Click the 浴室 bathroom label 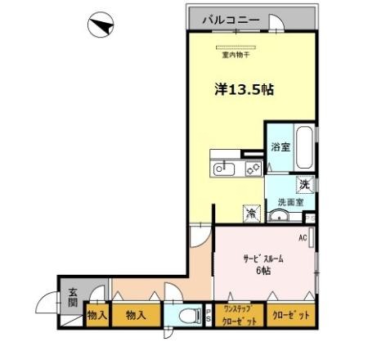(280, 148)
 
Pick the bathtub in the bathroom (304, 147)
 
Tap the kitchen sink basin (223, 169)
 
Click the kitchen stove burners (252, 169)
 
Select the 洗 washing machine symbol (304, 184)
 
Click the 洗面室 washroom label (290, 201)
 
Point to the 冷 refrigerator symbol (252, 212)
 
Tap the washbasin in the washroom (280, 216)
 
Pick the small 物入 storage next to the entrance (96, 314)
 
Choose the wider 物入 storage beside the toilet (136, 314)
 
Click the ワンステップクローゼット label (240, 316)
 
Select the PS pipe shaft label (209, 316)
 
